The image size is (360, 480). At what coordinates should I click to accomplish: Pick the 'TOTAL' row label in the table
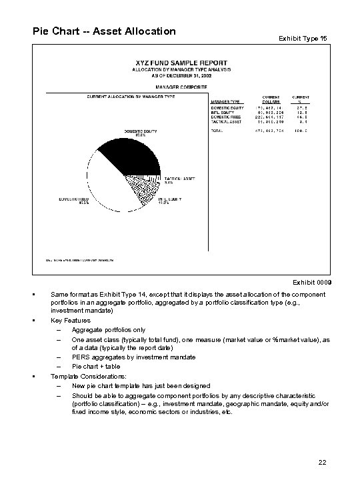217,131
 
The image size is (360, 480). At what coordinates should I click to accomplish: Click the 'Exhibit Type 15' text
303,39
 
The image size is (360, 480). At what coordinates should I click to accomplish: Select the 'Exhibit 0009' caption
312,282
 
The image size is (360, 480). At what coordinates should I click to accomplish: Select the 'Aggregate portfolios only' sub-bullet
109,329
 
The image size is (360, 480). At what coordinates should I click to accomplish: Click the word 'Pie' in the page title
40,31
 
